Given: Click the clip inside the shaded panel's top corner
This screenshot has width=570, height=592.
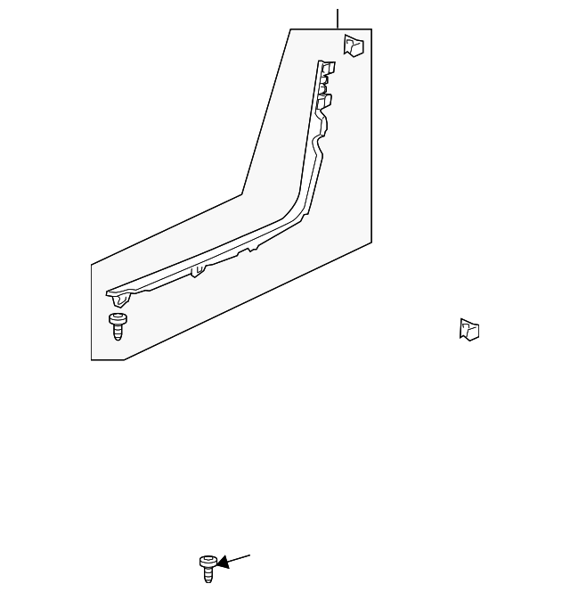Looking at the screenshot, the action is coord(354,45).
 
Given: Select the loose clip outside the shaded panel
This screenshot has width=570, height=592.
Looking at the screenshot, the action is coord(469,330).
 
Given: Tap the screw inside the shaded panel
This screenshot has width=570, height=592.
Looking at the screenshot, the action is coord(117,325).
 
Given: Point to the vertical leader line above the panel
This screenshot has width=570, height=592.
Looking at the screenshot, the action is coord(338,18).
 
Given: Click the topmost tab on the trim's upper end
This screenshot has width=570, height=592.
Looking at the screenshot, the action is coord(328,67).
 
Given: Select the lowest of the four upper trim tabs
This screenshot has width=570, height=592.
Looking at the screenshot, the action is coord(323,102).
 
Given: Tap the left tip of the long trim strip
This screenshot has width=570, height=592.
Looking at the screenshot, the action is coord(109,292).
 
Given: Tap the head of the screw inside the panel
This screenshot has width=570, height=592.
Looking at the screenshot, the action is coord(117,318).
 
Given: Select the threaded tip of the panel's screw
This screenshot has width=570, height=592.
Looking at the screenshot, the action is coord(118,336).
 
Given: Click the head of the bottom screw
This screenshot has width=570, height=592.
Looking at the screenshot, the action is coord(208,561).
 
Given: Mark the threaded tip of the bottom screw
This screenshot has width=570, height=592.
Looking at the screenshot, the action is coord(209,579).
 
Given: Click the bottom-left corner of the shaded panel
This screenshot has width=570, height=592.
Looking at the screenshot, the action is coord(92,358).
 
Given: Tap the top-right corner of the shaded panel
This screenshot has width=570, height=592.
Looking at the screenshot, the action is coord(370,29).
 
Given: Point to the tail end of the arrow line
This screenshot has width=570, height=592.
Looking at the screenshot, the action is coord(250,555).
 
